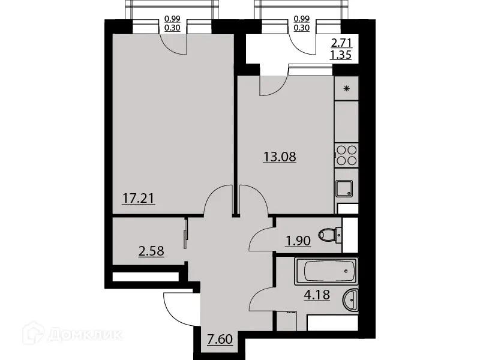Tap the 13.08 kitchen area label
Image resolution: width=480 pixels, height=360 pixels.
pyautogui.click(x=280, y=158)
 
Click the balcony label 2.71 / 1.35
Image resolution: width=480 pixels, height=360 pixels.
pyautogui.click(x=341, y=50)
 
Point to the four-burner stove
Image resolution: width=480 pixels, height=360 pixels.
pyautogui.click(x=346, y=156)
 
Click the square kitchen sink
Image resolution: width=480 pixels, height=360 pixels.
pyautogui.click(x=345, y=189)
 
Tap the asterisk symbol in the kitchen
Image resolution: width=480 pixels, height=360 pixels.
pyautogui.click(x=346, y=89)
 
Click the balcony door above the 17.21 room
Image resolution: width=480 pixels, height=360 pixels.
pyautogui.click(x=175, y=40)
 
